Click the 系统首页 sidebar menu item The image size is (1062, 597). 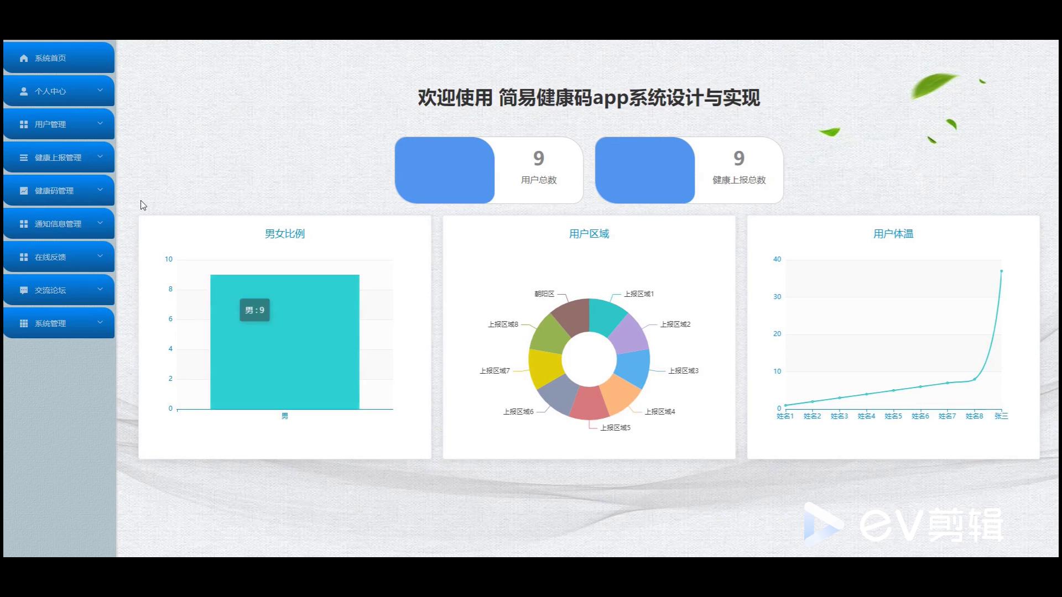[59, 57]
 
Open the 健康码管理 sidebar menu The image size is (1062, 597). [59, 190]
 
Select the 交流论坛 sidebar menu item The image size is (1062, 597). [59, 290]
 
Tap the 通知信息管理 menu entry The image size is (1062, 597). [59, 223]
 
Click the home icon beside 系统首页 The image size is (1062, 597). [24, 58]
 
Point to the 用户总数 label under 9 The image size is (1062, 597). [539, 180]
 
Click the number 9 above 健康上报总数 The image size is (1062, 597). [739, 159]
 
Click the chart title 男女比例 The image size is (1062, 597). [285, 234]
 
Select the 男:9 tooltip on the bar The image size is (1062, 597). [255, 310]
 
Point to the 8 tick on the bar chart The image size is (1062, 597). [170, 289]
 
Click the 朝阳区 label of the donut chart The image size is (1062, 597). [544, 294]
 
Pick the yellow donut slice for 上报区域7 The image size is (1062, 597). [544, 368]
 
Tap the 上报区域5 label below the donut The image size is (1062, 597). [616, 428]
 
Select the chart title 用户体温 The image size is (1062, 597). [893, 234]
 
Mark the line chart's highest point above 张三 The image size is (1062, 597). [1001, 271]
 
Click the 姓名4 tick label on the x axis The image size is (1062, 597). [866, 416]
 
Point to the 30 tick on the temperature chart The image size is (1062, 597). [777, 297]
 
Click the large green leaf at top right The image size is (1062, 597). [934, 85]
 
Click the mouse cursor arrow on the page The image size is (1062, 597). [143, 205]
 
